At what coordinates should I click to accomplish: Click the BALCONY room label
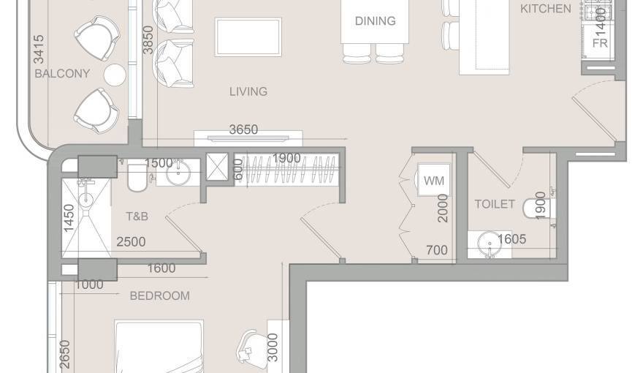click(x=62, y=74)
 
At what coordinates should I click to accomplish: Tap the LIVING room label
click(x=248, y=91)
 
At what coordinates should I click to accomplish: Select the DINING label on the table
click(x=375, y=21)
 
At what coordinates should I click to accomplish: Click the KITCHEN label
click(x=545, y=9)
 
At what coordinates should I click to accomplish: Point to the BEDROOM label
click(x=159, y=295)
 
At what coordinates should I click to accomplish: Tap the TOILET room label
click(x=495, y=204)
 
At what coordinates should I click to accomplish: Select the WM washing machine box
click(x=433, y=181)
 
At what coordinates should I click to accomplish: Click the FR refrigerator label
click(x=600, y=43)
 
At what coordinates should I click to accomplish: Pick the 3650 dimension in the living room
click(x=243, y=129)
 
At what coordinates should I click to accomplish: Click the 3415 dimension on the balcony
click(x=39, y=50)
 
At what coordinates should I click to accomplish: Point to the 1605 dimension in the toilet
click(x=512, y=239)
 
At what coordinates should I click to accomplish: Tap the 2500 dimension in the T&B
click(x=131, y=241)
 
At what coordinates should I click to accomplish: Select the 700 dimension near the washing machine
click(x=436, y=250)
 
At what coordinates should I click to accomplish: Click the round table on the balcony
click(x=115, y=75)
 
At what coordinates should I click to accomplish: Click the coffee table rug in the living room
click(x=248, y=37)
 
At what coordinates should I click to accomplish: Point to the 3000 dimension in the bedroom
click(x=273, y=348)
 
